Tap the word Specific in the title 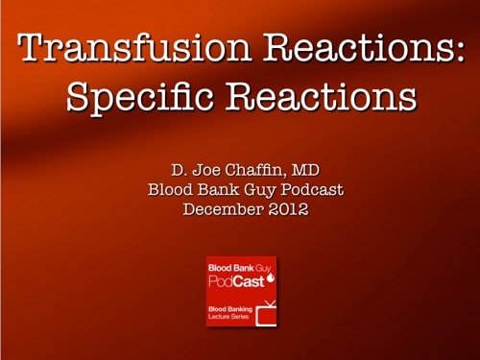click(128, 98)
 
